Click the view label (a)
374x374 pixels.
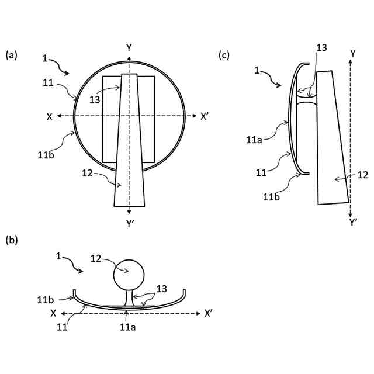[x=12, y=56]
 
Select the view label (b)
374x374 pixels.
[x=12, y=240]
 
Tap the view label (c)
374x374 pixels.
[x=224, y=56]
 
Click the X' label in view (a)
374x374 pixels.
[x=205, y=116]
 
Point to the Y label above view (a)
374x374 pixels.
[x=129, y=47]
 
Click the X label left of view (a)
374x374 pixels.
[x=50, y=117]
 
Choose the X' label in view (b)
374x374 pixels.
[x=207, y=314]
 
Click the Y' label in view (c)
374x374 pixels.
[x=353, y=223]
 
